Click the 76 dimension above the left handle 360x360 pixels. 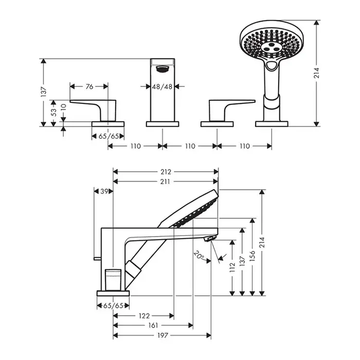(x=89, y=86)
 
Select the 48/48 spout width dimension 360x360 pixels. (x=163, y=86)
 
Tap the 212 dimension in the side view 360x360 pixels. (x=165, y=172)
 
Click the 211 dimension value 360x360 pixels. (x=165, y=181)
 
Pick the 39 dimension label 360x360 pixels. (x=104, y=191)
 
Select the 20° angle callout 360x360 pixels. (x=200, y=254)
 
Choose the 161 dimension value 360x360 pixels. (x=153, y=326)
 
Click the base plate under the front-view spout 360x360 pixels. (x=163, y=123)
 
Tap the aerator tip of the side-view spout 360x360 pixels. (x=210, y=239)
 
